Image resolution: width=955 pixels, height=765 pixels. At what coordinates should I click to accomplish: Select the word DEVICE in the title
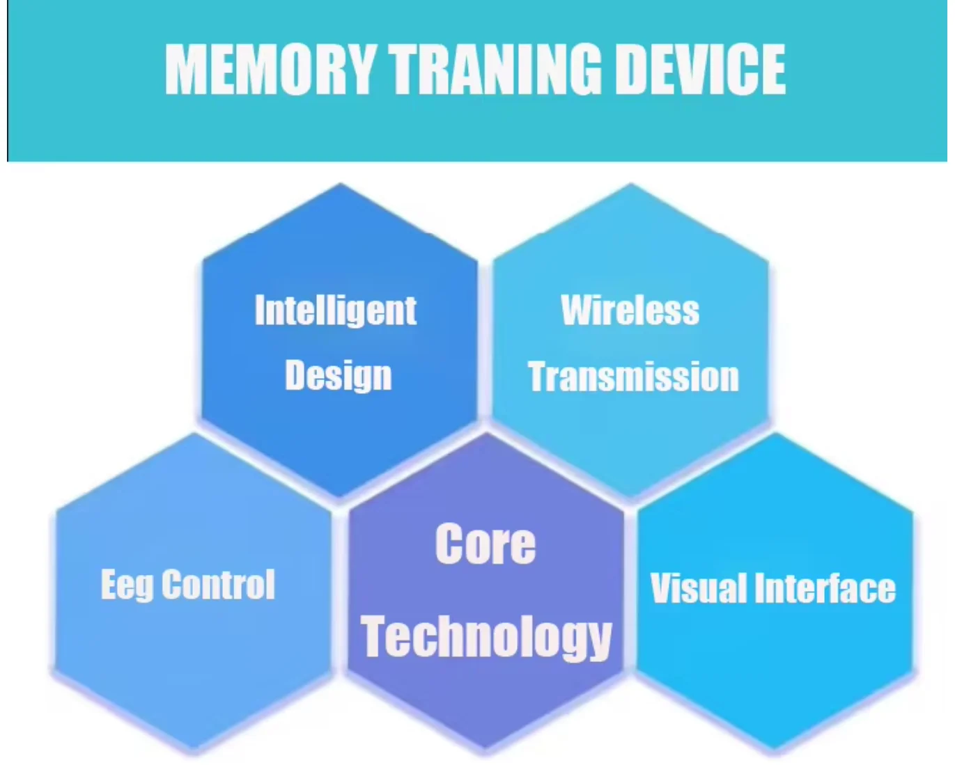[701, 69]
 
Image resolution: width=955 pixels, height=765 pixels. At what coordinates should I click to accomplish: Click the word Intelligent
[336, 311]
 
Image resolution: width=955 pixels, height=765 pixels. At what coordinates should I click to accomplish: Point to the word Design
[338, 377]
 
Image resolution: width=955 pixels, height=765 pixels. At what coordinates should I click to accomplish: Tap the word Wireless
[630, 310]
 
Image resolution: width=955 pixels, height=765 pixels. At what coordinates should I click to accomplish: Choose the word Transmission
[633, 377]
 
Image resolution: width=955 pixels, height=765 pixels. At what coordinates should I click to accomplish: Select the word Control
[218, 584]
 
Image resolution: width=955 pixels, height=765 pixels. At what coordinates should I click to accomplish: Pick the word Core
[486, 544]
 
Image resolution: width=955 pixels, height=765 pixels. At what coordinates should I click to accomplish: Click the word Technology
[486, 638]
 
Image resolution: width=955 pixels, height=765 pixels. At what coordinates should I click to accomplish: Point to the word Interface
[825, 587]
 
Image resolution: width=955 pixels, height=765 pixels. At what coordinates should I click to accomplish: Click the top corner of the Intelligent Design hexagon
[341, 183]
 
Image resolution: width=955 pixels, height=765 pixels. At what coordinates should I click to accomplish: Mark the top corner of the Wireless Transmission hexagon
[631, 183]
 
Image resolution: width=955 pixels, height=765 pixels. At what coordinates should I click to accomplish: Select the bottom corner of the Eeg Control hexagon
[194, 750]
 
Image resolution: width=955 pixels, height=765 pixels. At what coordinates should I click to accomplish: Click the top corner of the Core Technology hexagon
[486, 432]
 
